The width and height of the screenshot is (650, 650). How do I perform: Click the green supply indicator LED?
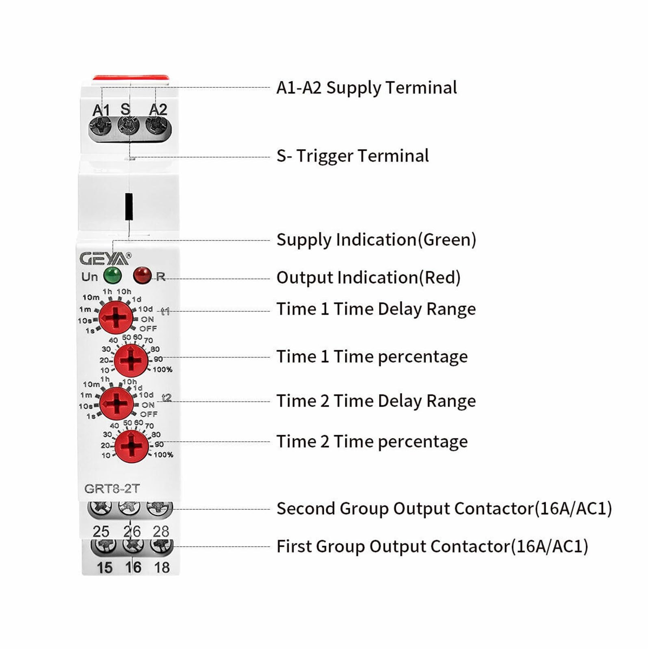click(112, 275)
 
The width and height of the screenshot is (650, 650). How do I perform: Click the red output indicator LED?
click(142, 275)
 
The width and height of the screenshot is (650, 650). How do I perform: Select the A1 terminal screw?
click(100, 126)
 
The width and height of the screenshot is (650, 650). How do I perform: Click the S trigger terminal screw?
click(128, 126)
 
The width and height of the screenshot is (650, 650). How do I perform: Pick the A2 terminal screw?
click(157, 126)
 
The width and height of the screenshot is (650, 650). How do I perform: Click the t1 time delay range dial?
click(116, 317)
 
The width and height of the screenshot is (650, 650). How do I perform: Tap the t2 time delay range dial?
click(117, 403)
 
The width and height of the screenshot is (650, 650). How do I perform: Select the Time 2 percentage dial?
click(132, 446)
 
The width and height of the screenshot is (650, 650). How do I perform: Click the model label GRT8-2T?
click(112, 488)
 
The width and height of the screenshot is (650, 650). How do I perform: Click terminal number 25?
click(101, 531)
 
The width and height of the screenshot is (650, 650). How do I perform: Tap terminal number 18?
click(162, 567)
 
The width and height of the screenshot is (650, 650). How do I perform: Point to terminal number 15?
click(104, 567)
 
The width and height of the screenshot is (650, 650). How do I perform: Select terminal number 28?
click(161, 531)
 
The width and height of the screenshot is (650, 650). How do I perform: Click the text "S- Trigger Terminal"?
click(352, 156)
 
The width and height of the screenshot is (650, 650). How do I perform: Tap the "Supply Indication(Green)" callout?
click(376, 240)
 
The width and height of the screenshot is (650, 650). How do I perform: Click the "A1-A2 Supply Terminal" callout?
click(366, 88)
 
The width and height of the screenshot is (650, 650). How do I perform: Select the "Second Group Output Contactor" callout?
click(444, 509)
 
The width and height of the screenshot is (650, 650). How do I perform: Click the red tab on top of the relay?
click(130, 78)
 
